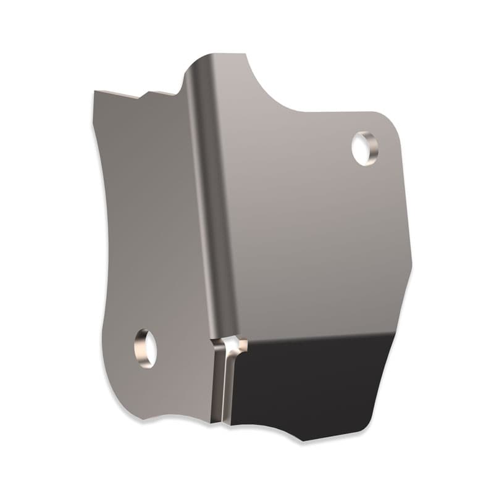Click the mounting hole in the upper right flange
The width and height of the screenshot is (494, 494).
364,148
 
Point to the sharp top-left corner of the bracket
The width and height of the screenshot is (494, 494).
95,92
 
